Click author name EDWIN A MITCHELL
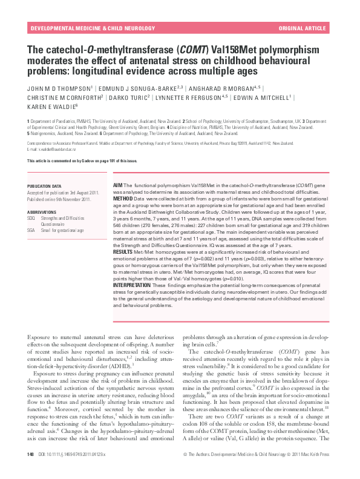pos(267,96)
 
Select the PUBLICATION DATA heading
pos(45,186)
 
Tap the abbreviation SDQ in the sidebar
pos(32,218)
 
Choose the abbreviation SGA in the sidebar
pos(32,230)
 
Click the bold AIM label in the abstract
pos(118,183)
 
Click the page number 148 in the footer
pos(30,471)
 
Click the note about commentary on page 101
pos(82,160)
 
